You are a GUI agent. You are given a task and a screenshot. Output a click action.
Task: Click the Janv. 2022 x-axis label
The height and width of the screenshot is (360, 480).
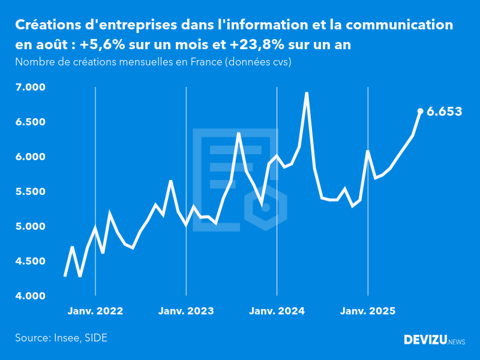pos(95,311)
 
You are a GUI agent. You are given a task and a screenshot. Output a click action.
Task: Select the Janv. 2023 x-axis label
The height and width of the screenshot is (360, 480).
pos(186,311)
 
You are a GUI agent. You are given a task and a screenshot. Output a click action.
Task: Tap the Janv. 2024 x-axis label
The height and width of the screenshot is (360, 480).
pos(277,311)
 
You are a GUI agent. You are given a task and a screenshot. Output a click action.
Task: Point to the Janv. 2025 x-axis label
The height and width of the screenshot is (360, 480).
pos(368,311)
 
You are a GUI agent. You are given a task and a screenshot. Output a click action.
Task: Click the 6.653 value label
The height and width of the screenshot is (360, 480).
pos(444,112)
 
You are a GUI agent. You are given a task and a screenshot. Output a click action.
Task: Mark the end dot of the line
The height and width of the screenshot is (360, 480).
pos(420,111)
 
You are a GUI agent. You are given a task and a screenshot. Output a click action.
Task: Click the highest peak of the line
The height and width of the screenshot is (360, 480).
pos(307,93)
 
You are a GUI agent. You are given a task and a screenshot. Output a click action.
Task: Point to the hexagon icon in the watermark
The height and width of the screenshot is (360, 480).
pos(266,208)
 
